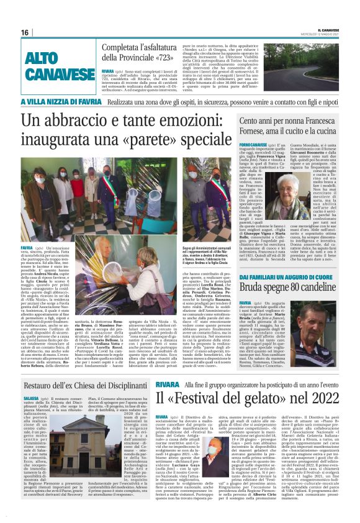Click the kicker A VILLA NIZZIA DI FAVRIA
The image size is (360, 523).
coord(63,101)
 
